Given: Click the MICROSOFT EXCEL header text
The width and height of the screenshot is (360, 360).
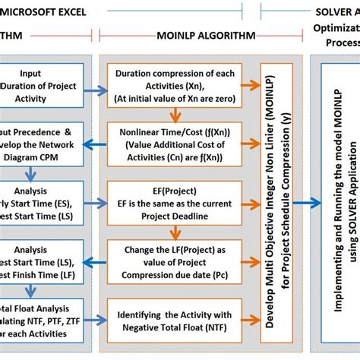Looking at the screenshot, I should point(46,12).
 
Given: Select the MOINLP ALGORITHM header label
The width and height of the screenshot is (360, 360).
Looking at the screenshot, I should point(194,36).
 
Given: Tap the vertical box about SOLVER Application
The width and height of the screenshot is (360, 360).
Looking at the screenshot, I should point(341,199).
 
